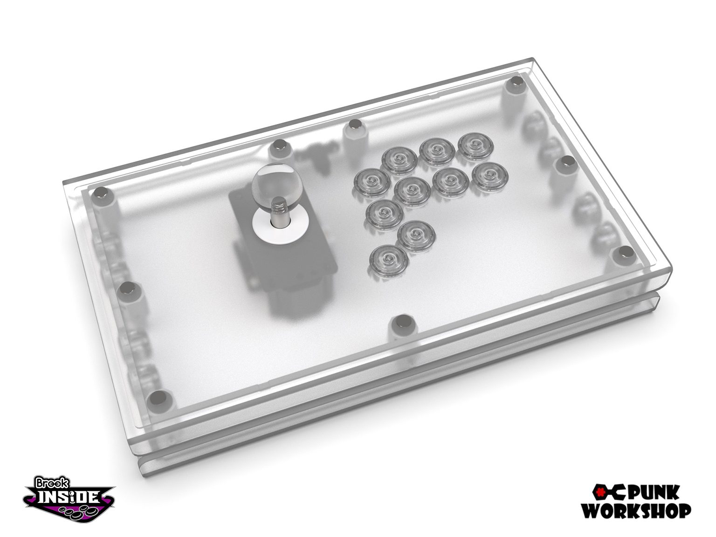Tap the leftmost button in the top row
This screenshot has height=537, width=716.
399,160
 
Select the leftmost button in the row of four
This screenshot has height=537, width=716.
372,181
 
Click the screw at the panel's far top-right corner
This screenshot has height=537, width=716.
516,83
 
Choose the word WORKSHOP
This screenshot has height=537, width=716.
636,510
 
